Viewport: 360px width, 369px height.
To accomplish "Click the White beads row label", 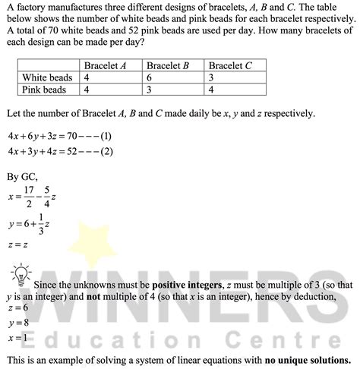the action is pos(47,77).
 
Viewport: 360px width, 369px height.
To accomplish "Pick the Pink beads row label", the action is pos(44,90).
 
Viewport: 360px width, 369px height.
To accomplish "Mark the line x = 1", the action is pos(16,336).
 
